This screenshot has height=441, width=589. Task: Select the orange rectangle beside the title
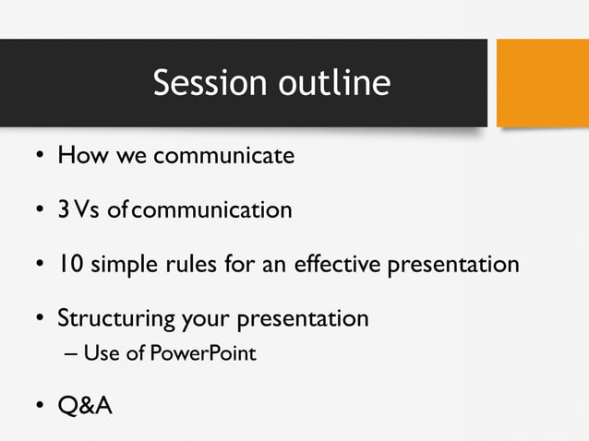coord(543,83)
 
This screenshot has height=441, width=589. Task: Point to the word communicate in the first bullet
coord(223,155)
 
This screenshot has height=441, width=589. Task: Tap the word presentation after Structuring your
coord(304,320)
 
